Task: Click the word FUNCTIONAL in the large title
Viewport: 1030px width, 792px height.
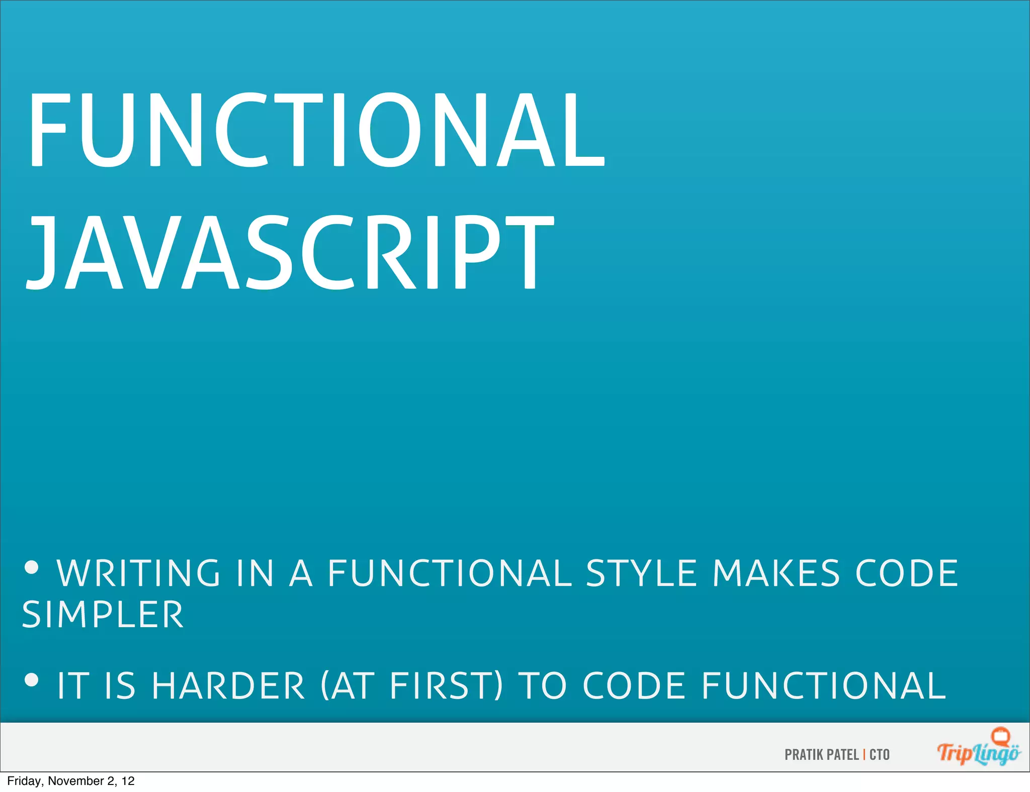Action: [x=317, y=131]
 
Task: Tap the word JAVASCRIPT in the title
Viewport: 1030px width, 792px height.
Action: [x=291, y=252]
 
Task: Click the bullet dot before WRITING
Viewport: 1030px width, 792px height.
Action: [x=31, y=567]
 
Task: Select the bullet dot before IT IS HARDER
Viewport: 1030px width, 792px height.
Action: [x=31, y=680]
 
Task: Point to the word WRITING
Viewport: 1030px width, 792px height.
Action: [x=139, y=573]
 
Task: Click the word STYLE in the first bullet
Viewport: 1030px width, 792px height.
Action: [x=642, y=573]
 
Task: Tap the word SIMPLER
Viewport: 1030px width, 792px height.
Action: [x=103, y=615]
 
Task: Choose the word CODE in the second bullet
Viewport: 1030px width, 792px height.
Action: [x=634, y=686]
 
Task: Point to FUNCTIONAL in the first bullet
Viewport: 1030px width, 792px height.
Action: [x=450, y=573]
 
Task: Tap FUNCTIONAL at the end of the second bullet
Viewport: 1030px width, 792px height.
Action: [x=824, y=686]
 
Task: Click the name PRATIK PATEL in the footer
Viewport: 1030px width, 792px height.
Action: [x=821, y=755]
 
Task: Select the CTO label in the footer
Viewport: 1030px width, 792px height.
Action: [x=880, y=755]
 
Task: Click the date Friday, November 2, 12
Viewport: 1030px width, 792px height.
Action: [x=71, y=781]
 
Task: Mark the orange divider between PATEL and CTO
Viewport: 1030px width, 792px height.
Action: [x=865, y=755]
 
